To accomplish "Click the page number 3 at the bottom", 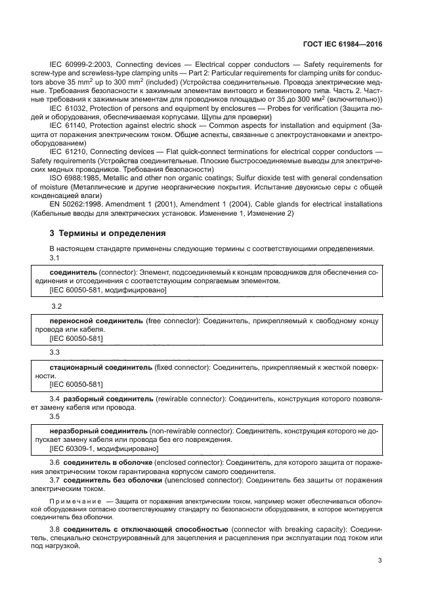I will tap(381, 561).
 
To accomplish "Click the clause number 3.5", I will tap(56, 416).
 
